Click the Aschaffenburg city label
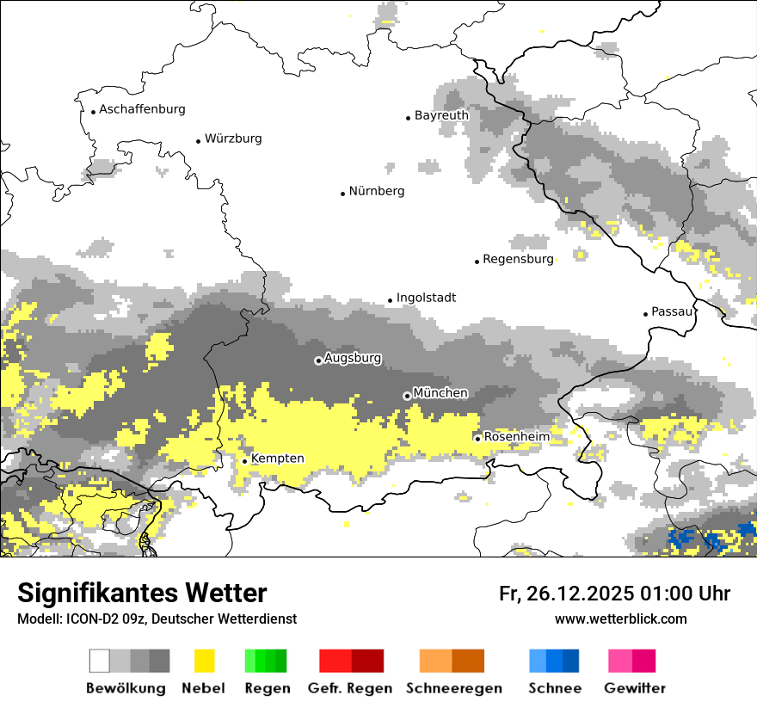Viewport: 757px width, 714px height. pos(142,109)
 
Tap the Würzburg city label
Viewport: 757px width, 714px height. pos(233,138)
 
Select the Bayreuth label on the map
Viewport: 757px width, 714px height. pos(441,115)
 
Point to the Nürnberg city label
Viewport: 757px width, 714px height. pos(376,191)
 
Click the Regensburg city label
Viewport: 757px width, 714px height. pos(518,259)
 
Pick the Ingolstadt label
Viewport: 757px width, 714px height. pos(426,298)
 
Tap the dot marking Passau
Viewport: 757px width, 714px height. pos(645,314)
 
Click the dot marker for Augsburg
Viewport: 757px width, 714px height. pos(318,360)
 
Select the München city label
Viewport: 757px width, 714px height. pos(440,393)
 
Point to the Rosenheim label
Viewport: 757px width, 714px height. pos(516,437)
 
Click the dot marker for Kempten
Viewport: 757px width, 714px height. pos(244,461)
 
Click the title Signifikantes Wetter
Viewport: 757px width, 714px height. pos(142,593)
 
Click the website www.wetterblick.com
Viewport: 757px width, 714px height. pos(620,619)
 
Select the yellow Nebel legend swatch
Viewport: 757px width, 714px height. pos(205,661)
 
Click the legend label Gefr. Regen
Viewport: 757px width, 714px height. pos(350,688)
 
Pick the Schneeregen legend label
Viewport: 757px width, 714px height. pos(453,688)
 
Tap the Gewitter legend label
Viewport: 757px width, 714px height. pos(635,688)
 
